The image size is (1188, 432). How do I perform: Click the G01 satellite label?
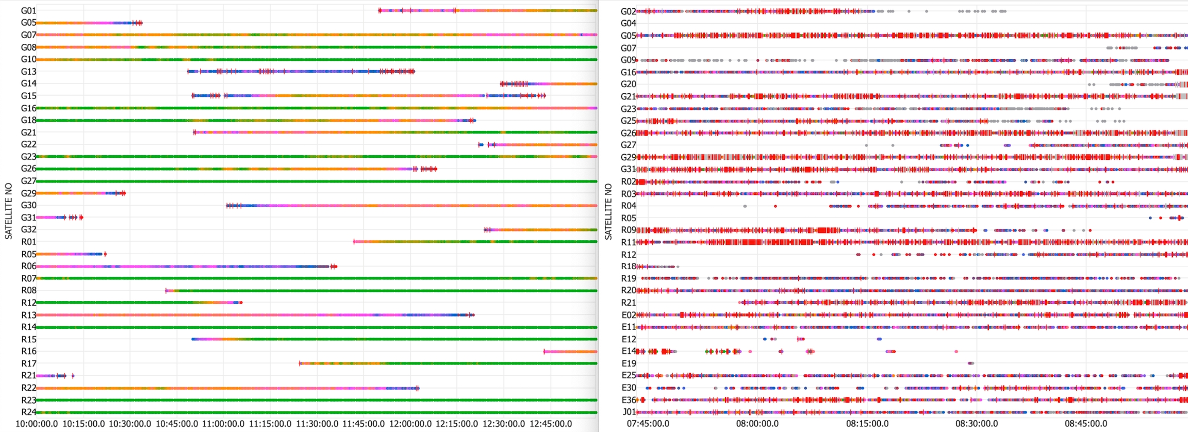28,11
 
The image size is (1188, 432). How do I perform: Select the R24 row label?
28,412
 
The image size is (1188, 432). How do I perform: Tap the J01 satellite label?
629,412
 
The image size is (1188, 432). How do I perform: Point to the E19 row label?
629,363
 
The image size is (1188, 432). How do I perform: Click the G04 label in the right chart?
628,23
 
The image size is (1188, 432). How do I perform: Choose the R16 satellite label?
28,352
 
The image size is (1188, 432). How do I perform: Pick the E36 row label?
629,400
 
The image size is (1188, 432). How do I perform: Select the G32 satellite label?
28,229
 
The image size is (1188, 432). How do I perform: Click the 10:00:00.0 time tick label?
37,424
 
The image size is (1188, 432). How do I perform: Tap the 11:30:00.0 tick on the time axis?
317,424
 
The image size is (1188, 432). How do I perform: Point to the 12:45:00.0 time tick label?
551,424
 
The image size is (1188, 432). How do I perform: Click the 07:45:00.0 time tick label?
648,424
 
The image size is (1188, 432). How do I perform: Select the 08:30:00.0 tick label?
977,424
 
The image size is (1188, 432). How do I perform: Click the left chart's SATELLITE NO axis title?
8,211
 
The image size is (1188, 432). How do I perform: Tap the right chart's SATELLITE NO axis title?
608,211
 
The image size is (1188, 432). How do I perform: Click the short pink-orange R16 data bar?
570,352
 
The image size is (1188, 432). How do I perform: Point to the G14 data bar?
549,84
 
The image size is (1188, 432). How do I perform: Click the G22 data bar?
541,145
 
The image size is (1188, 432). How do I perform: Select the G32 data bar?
541,230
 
